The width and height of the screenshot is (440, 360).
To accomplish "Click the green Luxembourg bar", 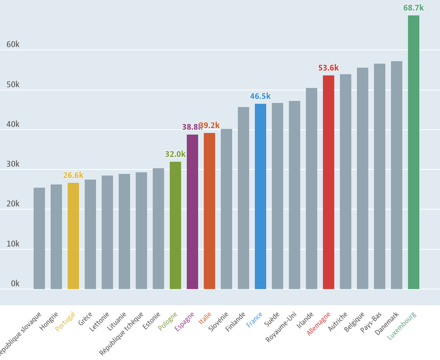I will click(413, 152).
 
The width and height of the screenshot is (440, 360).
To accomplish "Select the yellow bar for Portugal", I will click(73, 236).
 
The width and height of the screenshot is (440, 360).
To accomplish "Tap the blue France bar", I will click(261, 196).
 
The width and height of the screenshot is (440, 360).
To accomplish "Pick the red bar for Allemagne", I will click(329, 182).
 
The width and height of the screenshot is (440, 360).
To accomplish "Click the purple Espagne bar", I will click(192, 212).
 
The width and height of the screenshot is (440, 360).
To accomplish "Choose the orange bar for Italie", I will click(209, 211).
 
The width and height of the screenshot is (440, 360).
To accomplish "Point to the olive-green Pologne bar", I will click(175, 225).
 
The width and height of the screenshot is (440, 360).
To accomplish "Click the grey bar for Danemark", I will click(397, 175).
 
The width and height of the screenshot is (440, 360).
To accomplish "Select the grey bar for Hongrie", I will click(56, 237).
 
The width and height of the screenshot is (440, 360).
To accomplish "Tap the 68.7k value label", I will click(413, 8).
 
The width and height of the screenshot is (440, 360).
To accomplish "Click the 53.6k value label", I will click(328, 68).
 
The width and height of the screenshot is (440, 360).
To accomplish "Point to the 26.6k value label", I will click(73, 176).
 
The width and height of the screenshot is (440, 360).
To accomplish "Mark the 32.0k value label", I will click(175, 154).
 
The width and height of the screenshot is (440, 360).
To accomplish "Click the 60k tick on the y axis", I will click(13, 45).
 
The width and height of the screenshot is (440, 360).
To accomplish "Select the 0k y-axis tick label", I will click(15, 284).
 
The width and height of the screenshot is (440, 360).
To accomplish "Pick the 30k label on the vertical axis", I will click(13, 164).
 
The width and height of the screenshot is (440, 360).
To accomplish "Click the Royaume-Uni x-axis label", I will click(282, 327).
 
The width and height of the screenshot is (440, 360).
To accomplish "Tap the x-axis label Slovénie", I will click(219, 322).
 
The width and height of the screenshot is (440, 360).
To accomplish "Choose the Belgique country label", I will click(355, 322).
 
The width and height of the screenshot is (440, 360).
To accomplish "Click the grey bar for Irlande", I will click(312, 189).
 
